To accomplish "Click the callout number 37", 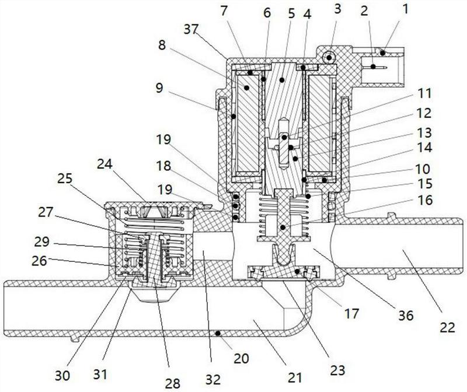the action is point(191,30).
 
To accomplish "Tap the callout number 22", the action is point(448,327).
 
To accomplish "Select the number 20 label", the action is point(241,358).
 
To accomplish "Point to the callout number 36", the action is point(406,315).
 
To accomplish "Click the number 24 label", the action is point(104,164).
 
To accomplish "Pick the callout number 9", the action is point(159,88).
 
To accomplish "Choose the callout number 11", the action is point(424,93).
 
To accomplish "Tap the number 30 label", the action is point(62,376).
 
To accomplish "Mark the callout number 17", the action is point(351,313).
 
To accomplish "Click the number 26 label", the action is point(39,261).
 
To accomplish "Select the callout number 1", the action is point(405,9).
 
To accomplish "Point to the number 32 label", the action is point(213,380).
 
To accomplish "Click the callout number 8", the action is point(162,45).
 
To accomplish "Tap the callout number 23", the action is point(337,370).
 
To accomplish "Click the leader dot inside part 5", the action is point(282,80).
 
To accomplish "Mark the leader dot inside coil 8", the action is point(246,87).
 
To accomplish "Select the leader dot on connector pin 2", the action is point(372,66).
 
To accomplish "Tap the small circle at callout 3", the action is point(329,57).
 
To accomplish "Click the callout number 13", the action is point(424,133).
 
